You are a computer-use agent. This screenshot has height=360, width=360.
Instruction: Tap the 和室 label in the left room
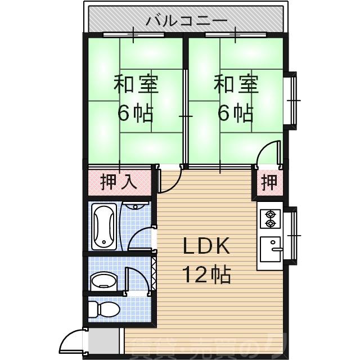pyautogui.click(x=136, y=85)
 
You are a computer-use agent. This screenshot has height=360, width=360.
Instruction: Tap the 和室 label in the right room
pyautogui.click(x=236, y=85)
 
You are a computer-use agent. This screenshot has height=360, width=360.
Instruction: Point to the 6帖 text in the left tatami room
pyautogui.click(x=136, y=114)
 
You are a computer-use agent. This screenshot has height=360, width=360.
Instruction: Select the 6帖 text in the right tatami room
pyautogui.click(x=236, y=114)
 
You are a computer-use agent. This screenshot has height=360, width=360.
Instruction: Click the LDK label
pyautogui.click(x=206, y=247)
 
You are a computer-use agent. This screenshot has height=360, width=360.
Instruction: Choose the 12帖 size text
pyautogui.click(x=206, y=275)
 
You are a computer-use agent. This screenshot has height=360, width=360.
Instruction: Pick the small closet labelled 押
pyautogui.click(x=269, y=183)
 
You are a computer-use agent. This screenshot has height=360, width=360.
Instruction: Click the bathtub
pyautogui.click(x=105, y=227)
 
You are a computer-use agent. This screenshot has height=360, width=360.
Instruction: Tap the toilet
pyautogui.click(x=105, y=309)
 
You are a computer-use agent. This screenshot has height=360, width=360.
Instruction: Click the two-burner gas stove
pyautogui.click(x=270, y=219)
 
